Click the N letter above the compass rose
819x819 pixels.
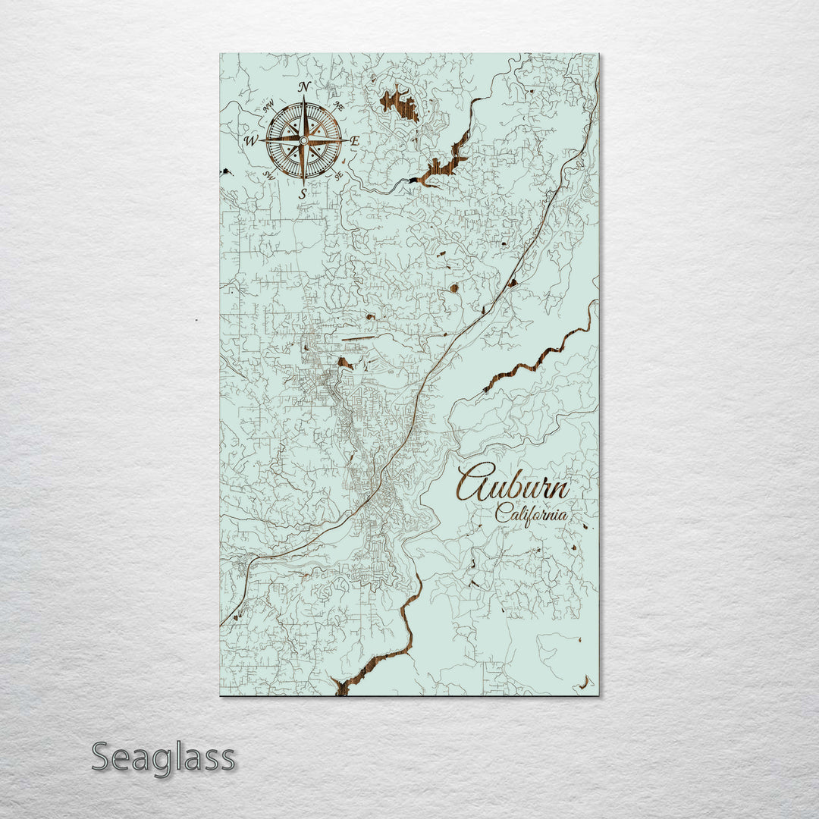pyautogui.click(x=304, y=86)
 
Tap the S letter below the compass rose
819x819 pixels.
pyautogui.click(x=303, y=194)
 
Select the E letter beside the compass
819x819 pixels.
pyautogui.click(x=354, y=140)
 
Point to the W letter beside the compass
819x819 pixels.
pyautogui.click(x=250, y=140)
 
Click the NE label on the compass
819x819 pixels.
pyautogui.click(x=339, y=107)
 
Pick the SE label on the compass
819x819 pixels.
pyautogui.click(x=338, y=175)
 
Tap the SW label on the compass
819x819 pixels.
pyautogui.click(x=268, y=175)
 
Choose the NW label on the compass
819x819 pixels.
pyautogui.click(x=268, y=106)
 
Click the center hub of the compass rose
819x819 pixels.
pyautogui.click(x=303, y=140)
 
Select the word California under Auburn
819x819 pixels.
pyautogui.click(x=531, y=514)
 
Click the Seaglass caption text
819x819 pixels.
pyautogui.click(x=163, y=757)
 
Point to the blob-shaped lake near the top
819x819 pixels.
pyautogui.click(x=400, y=103)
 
